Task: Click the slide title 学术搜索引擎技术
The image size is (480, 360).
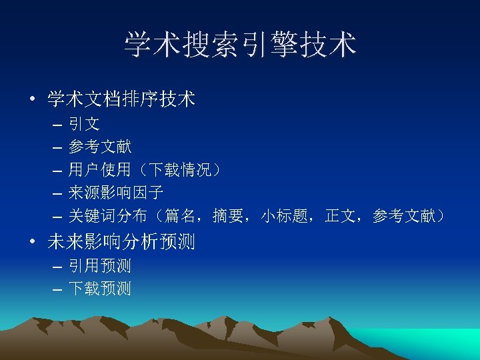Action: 240,45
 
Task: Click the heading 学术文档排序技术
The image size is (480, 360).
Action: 121,100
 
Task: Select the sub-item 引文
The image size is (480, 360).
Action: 84,123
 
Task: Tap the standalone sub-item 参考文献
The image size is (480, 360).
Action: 100,147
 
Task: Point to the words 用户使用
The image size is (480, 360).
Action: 100,170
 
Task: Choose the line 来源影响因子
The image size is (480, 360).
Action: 116,193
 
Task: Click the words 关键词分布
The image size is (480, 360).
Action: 108,216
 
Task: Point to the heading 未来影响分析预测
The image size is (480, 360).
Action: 121,242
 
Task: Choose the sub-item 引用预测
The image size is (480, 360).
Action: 100,266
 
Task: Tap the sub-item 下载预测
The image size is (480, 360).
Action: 100,289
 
